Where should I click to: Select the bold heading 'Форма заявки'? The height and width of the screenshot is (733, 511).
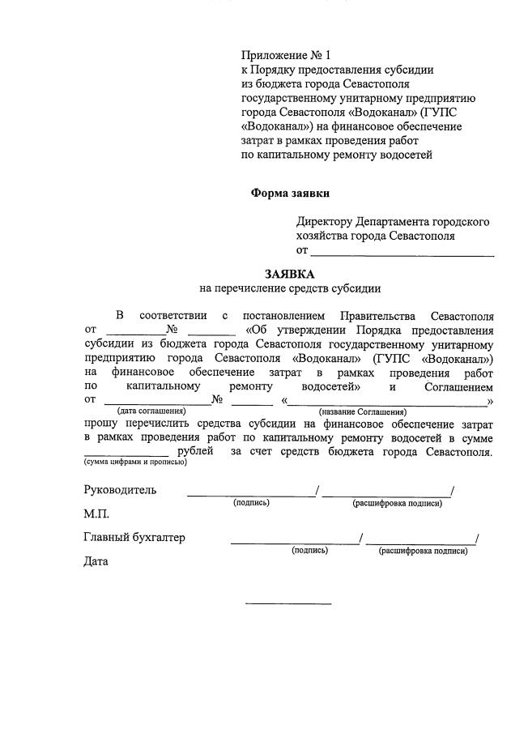[x=290, y=194]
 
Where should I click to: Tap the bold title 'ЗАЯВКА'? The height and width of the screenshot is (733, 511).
[x=289, y=275]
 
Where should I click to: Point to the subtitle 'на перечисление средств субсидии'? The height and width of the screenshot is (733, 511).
[x=289, y=288]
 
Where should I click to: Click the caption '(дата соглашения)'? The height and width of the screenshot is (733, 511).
[x=151, y=412]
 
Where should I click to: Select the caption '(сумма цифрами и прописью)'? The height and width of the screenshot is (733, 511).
[x=135, y=462]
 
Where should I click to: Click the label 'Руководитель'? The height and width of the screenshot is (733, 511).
[x=121, y=490]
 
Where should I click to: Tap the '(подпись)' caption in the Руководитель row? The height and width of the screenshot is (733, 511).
[x=251, y=502]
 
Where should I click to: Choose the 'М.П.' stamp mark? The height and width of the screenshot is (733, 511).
[x=96, y=514]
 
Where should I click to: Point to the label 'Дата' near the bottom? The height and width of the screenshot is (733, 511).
[x=96, y=560]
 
